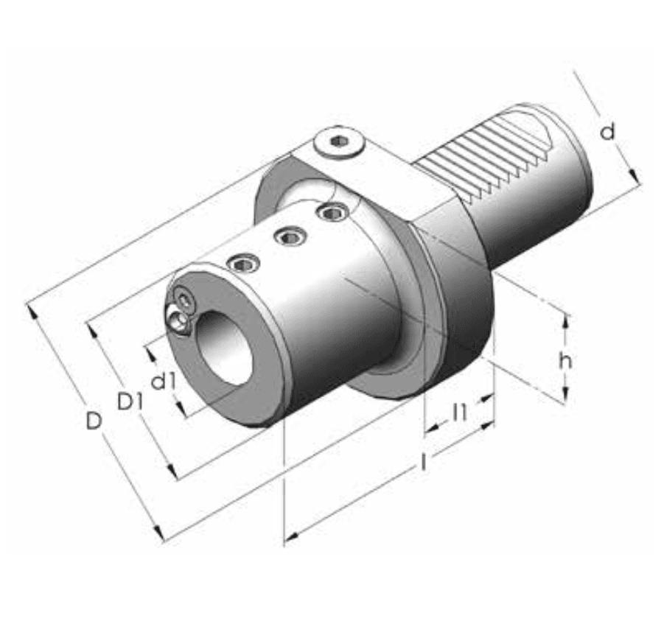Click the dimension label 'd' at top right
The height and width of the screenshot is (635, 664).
pos(607,132)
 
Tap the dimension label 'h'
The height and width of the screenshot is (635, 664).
pos(565,360)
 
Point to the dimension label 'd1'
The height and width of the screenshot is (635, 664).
pos(162,381)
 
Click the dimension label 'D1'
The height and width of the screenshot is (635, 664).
pos(130,401)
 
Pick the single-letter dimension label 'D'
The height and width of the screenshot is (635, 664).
pos(93,421)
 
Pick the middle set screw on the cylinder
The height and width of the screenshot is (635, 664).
pos(287,236)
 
